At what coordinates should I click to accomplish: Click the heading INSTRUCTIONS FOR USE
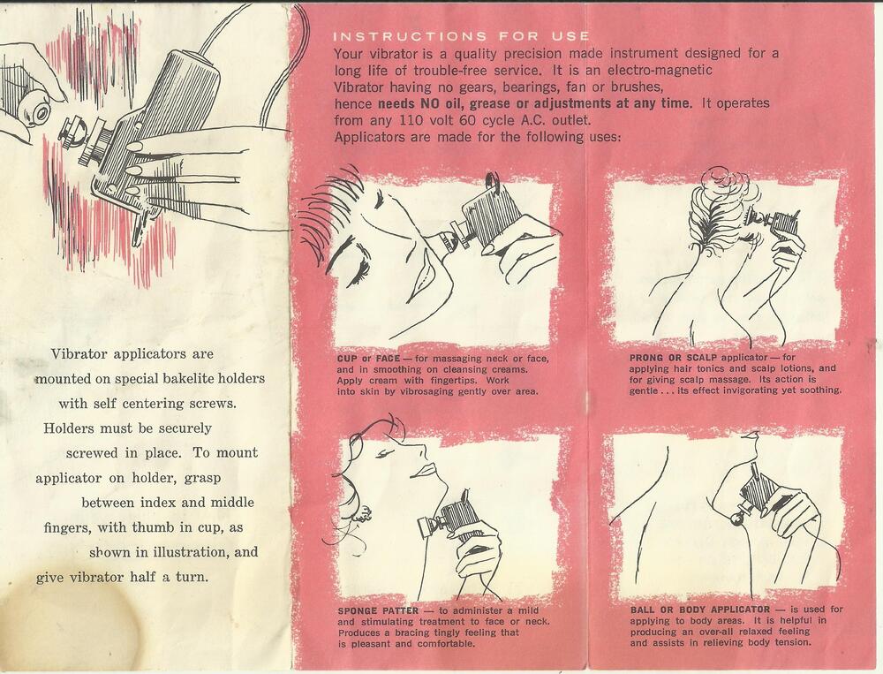461,36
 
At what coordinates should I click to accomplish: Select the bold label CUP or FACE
369,359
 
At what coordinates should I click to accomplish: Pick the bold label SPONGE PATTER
379,610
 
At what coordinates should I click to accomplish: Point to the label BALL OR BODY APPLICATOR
700,610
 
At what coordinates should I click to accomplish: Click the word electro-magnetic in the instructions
660,70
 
